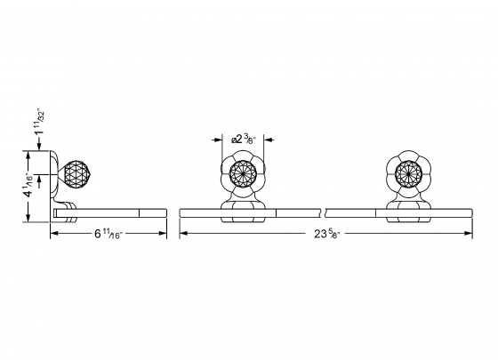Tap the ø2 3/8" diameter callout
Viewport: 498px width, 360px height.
(244, 139)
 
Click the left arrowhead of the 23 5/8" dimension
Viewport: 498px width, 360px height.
(183, 234)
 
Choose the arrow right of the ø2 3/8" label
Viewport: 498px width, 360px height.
(270, 139)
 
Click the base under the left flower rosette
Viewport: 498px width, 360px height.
(242, 209)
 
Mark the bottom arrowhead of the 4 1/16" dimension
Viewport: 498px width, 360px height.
(32, 219)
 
